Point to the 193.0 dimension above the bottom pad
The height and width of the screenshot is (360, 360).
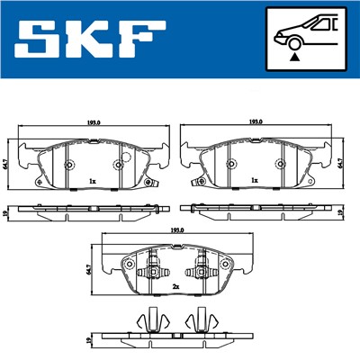175,230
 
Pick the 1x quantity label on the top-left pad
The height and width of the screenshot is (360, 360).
93,181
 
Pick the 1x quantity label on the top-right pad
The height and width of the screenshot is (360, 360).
256,181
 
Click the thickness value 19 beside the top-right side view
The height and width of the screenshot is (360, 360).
341,212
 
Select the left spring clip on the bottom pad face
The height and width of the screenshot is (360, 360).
154,271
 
